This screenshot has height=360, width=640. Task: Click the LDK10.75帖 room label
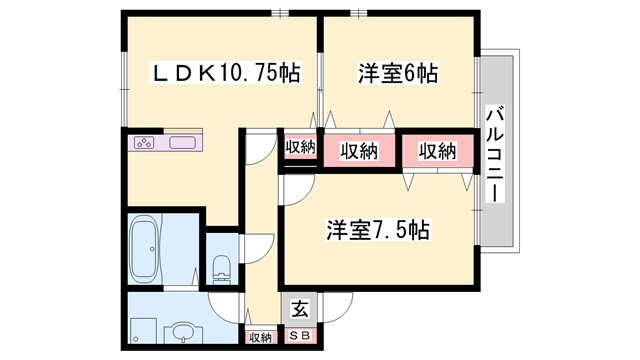pos(226,73)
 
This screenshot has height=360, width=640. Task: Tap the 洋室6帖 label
pos(398,73)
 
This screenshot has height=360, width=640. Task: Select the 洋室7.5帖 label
pos(378,230)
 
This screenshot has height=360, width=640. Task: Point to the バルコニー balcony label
pos(495,154)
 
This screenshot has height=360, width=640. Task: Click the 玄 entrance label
pos(300,309)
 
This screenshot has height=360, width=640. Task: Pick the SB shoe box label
pos(300,336)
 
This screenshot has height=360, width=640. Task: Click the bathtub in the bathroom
pos(144,249)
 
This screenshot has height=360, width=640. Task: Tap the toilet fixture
pos(222,269)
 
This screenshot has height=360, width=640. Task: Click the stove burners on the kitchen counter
pos(144,142)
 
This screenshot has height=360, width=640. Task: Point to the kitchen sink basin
pos(182,142)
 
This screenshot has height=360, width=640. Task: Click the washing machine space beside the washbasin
pos(143,331)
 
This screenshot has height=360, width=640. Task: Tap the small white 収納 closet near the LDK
pos(300,148)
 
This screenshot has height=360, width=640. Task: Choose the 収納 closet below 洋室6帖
pos(359,151)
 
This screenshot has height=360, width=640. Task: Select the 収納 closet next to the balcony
pos(438,151)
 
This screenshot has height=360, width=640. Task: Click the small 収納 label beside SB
pos(260,338)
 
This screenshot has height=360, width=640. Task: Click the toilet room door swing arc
pos(264,244)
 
